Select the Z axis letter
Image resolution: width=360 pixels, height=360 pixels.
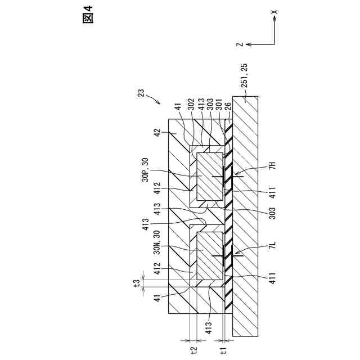240,43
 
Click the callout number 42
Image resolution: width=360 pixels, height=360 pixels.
159,133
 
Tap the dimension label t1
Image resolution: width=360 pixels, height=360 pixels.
223,350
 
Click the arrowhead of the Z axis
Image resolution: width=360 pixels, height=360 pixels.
248,43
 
